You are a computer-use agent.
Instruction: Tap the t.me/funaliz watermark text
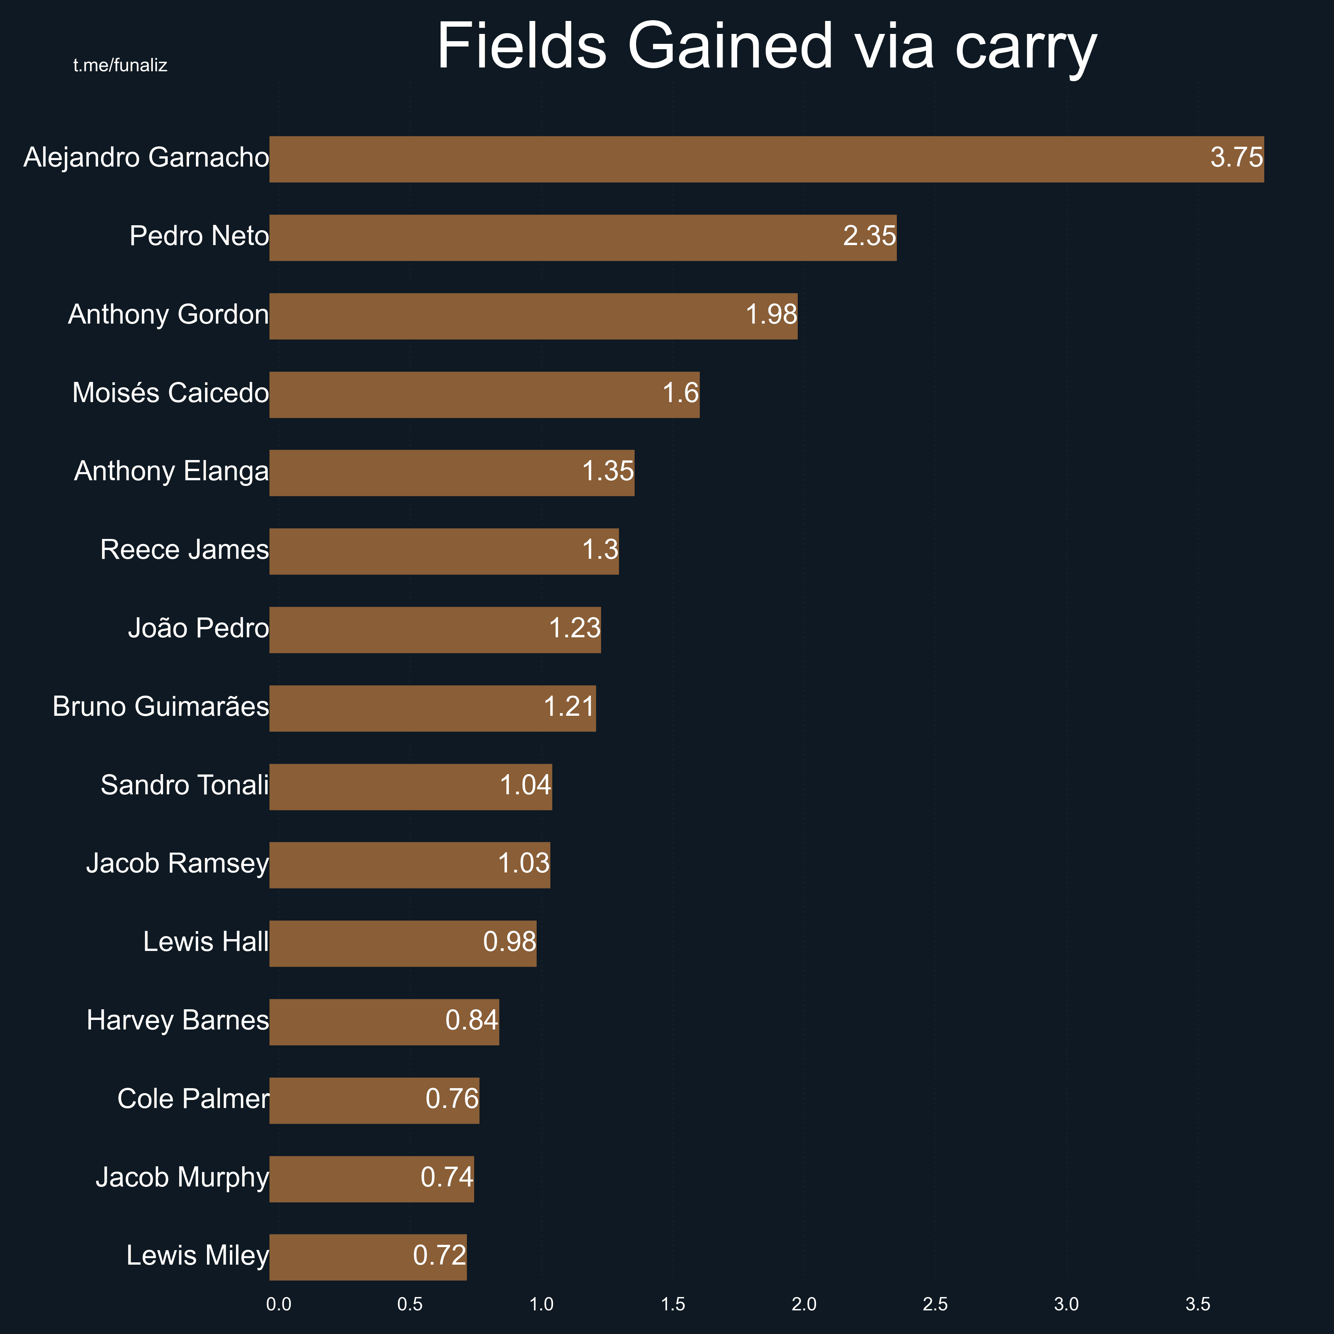point(120,66)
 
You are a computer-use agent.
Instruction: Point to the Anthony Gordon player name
point(168,315)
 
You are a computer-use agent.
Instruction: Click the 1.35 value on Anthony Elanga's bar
point(608,471)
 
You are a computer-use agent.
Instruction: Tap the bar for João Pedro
point(435,630)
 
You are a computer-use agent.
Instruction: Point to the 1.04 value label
point(526,785)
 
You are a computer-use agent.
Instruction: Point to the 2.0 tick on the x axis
point(804,1304)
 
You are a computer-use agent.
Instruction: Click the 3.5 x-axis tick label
point(1198,1304)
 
